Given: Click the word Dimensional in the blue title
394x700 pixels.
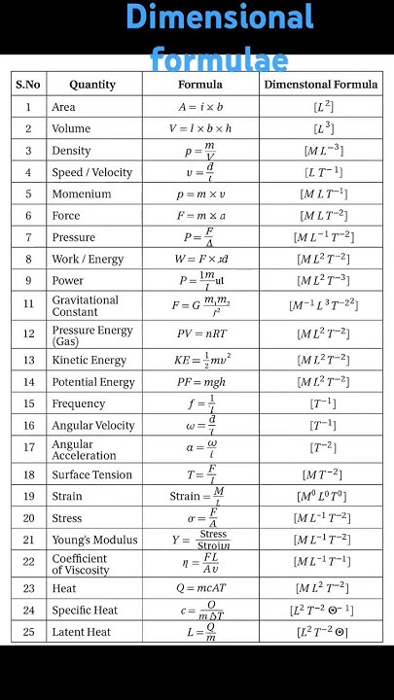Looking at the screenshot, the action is (220, 17).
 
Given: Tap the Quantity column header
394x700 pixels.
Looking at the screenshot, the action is (92, 85).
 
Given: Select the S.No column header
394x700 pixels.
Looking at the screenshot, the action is (28, 85).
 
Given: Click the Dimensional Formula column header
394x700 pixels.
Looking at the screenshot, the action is (321, 85).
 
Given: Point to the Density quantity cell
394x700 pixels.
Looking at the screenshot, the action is (71, 151).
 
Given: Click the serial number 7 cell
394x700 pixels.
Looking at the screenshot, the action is (28, 237).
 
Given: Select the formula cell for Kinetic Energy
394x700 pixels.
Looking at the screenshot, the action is (201, 360).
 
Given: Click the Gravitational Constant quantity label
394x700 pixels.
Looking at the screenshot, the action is (86, 306).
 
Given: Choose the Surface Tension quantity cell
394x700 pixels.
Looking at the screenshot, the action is (92, 474).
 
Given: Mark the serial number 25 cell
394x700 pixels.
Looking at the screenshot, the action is (28, 632).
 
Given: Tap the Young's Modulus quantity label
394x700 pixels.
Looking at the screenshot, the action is (94, 541).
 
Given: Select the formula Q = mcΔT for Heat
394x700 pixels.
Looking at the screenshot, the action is (201, 588).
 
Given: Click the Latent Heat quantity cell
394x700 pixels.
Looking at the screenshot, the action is (82, 632).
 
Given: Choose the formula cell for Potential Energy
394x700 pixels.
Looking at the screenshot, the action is (201, 382).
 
